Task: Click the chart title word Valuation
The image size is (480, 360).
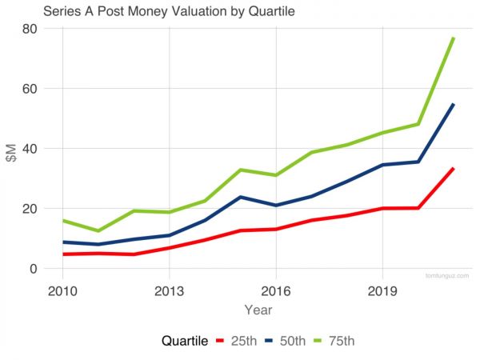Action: [x=193, y=12]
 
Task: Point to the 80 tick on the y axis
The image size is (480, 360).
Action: [x=30, y=29]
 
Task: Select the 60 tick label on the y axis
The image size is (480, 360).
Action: [x=30, y=89]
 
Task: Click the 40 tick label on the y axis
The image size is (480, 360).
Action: [x=30, y=149]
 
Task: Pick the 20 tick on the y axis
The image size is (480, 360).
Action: [x=30, y=209]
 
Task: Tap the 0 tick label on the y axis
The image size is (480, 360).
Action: [x=34, y=269]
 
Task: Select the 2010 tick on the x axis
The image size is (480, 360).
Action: [x=62, y=290]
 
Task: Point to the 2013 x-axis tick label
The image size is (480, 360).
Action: [x=169, y=290]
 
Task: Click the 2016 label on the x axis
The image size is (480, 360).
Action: [x=276, y=290]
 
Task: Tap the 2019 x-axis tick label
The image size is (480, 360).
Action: [x=383, y=290]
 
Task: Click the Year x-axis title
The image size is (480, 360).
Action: [x=258, y=309]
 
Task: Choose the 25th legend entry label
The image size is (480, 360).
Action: [x=243, y=341]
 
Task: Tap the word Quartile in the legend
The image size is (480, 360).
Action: [x=186, y=341]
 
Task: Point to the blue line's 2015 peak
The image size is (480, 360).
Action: [x=240, y=197]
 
